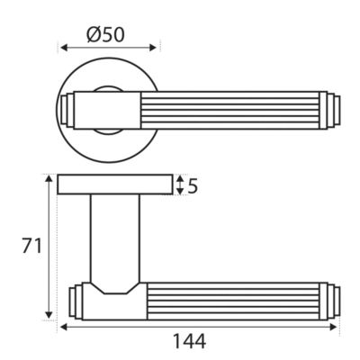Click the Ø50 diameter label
click(105, 35)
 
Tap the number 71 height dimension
click(31, 246)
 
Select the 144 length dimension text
click(190, 341)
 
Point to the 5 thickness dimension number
click(193, 186)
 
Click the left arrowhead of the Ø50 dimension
click(64, 48)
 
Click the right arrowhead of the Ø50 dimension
click(153, 48)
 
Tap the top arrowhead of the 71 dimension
click(49, 179)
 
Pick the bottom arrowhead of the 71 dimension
click(49, 315)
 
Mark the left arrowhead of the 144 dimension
click(64, 327)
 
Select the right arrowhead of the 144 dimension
click(334, 327)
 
